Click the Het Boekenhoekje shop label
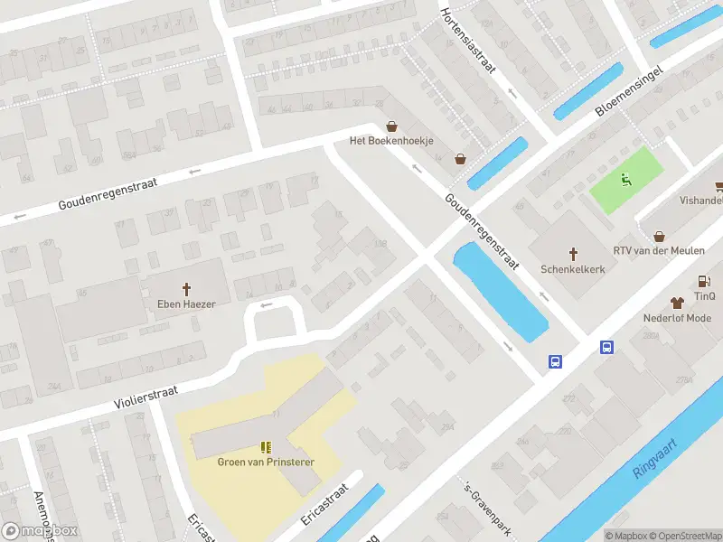pyautogui.click(x=392, y=141)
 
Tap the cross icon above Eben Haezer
pyautogui.click(x=187, y=289)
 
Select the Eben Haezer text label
pyautogui.click(x=187, y=304)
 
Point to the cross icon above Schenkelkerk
pyautogui.click(x=572, y=254)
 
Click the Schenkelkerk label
pyautogui.click(x=572, y=269)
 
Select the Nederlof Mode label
pyautogui.click(x=677, y=318)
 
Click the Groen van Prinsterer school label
pyautogui.click(x=266, y=462)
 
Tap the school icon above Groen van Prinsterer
pyautogui.click(x=266, y=446)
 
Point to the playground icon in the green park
pyautogui.click(x=625, y=179)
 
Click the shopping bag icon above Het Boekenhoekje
pyautogui.click(x=392, y=126)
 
